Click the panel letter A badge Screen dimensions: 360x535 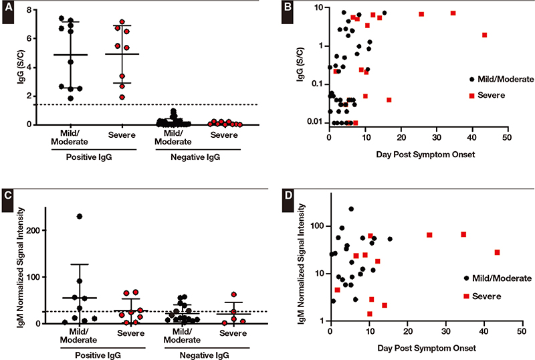pos(9,12)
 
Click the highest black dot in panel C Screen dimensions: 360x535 pos(79,216)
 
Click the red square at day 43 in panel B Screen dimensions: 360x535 pos(484,35)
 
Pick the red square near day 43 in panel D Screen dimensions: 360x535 pos(498,252)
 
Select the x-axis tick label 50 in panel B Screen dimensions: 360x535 pos(508,136)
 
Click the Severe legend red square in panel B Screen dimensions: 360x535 pos(471,96)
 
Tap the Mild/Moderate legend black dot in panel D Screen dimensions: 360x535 pos(466,278)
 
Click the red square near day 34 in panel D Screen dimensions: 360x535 pos(463,234)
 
